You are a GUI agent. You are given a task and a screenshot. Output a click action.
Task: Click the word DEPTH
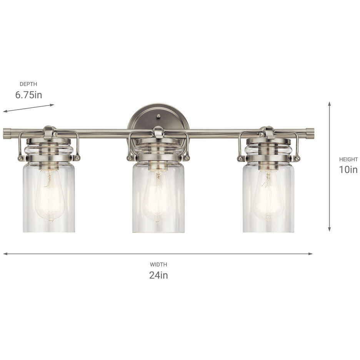tap(28, 84)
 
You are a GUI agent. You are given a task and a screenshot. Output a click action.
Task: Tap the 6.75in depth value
tap(28, 95)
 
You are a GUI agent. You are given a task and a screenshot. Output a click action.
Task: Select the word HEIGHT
tap(348, 159)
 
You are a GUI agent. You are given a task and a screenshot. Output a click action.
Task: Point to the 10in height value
tap(348, 170)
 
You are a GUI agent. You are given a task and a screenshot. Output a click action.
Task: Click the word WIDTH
tap(158, 265)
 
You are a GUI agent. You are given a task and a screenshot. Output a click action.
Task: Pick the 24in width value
tap(158, 275)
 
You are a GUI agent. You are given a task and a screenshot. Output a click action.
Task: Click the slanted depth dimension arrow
tap(28, 108)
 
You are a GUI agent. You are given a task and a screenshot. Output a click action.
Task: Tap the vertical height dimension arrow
tap(329, 167)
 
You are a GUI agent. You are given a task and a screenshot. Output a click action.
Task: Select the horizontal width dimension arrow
tap(158, 254)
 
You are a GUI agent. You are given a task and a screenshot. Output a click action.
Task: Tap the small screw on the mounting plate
tap(158, 116)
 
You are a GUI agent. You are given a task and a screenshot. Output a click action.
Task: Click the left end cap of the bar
tap(7, 133)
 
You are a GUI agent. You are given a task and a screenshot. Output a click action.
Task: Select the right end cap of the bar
tap(310, 133)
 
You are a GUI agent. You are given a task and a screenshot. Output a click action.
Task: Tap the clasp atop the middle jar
tap(158, 132)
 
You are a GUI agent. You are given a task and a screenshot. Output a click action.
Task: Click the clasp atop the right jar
tap(268, 132)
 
